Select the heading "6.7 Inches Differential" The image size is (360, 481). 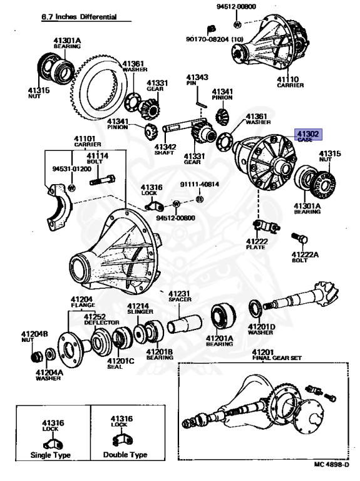(79, 16)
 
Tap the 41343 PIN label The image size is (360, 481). (197, 80)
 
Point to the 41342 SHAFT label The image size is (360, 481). (165, 150)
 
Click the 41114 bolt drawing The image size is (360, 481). (103, 180)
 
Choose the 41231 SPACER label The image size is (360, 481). (180, 296)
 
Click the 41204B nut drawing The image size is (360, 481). (37, 356)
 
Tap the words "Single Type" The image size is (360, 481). (51, 455)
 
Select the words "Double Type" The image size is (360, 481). (125, 455)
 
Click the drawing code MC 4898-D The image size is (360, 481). (331, 465)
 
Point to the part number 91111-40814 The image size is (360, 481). (199, 184)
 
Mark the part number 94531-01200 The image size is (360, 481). (72, 168)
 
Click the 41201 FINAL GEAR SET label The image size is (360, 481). (277, 354)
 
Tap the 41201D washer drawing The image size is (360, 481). (255, 309)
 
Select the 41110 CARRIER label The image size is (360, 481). (290, 82)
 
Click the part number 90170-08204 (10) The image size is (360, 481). (215, 39)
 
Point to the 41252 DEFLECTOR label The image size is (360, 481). (101, 319)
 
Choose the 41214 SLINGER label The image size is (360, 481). (140, 308)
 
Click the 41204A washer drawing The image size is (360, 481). (49, 354)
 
